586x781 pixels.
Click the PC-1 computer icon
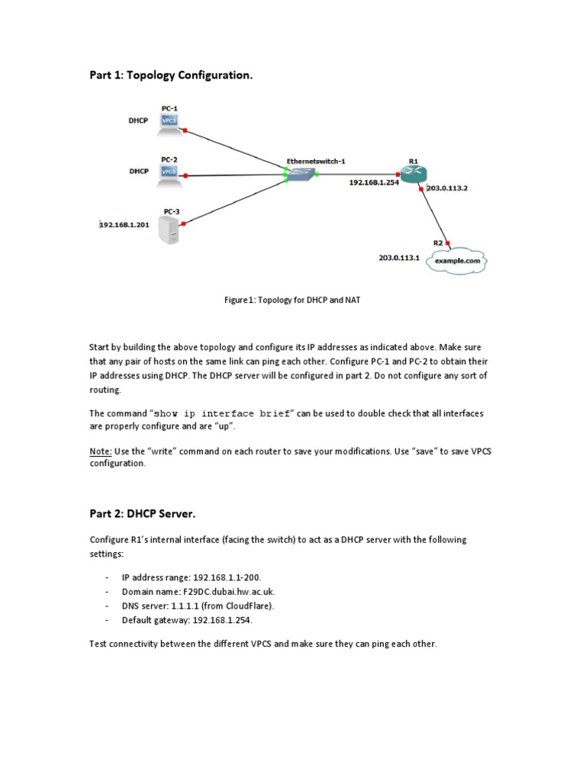pyautogui.click(x=169, y=123)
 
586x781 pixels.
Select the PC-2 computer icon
pyautogui.click(x=169, y=174)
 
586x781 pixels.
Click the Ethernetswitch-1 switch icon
pyautogui.click(x=300, y=175)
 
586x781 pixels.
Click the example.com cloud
pyautogui.click(x=457, y=261)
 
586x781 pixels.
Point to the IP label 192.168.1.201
pyautogui.click(x=124, y=225)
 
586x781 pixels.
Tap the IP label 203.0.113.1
pyautogui.click(x=399, y=258)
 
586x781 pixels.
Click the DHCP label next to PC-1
pyautogui.click(x=138, y=121)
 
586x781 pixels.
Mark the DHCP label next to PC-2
pyautogui.click(x=138, y=172)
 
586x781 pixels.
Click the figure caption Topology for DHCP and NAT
pyautogui.click(x=292, y=300)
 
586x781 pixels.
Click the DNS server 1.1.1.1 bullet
pyautogui.click(x=198, y=606)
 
